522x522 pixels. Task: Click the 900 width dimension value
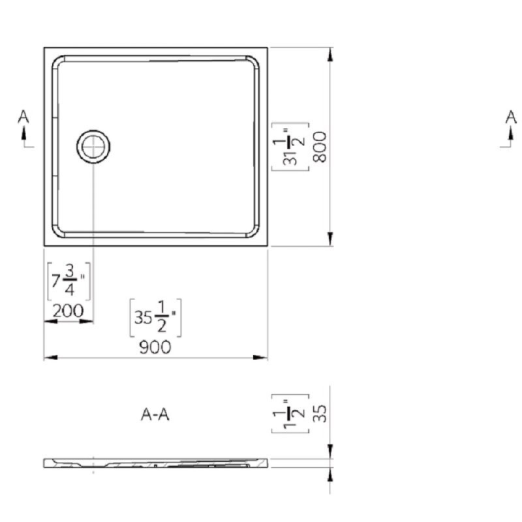coord(155,347)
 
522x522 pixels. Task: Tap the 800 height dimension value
coord(320,147)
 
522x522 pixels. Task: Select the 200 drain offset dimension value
coord(68,311)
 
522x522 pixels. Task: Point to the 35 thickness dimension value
coord(320,414)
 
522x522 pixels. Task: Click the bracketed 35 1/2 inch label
coord(155,318)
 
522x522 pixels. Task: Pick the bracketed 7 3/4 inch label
coord(69,281)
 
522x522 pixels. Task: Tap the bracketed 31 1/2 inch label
coord(290,147)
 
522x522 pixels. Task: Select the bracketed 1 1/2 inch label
coord(290,414)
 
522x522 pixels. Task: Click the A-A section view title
coord(155,414)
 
